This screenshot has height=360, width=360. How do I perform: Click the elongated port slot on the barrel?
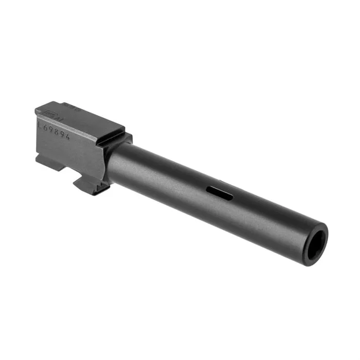click(x=220, y=193)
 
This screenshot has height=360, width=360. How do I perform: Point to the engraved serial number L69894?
click(x=53, y=129)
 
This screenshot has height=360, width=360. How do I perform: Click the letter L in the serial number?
click(x=40, y=124)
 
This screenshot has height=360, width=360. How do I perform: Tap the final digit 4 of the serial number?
click(x=67, y=135)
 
